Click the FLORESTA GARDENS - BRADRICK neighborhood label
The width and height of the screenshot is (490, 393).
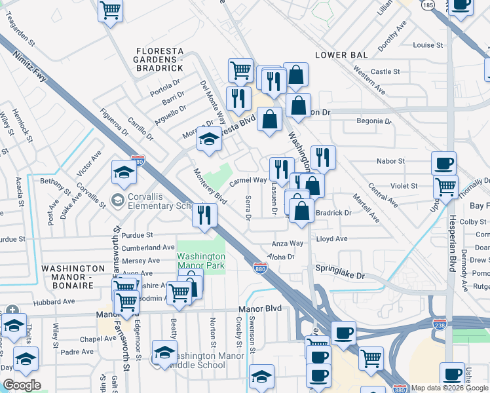click(x=159, y=59)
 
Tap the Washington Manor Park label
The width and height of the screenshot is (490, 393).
click(x=201, y=261)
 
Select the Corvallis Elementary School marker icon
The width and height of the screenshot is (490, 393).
click(x=118, y=199)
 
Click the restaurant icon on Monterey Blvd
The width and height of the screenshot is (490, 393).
click(x=204, y=215)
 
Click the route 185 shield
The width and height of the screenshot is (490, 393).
click(x=428, y=5)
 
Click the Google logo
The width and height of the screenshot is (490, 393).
click(x=22, y=385)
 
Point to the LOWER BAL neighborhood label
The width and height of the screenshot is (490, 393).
click(x=341, y=55)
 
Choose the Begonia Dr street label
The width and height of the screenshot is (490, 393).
click(x=373, y=121)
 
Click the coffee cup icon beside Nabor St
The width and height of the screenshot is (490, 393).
click(x=443, y=164)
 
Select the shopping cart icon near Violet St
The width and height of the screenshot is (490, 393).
click(x=446, y=187)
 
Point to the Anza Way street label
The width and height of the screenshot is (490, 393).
click(x=288, y=243)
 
